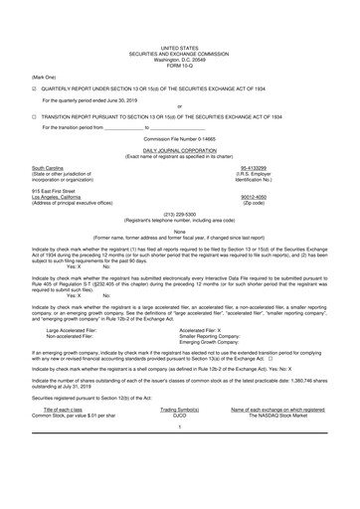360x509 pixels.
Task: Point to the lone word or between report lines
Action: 179,106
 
